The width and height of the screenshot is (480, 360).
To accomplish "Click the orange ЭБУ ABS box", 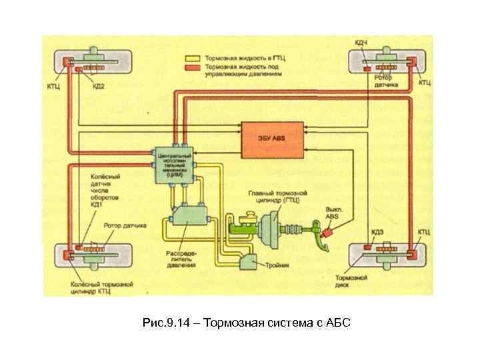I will (271, 137).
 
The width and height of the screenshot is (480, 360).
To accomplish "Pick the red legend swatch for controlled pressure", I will (194, 67).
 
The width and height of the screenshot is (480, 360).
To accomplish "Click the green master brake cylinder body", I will (243, 227).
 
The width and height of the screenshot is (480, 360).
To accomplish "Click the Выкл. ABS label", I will (334, 212).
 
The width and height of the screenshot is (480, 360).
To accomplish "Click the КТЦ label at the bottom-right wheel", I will (425, 231).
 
